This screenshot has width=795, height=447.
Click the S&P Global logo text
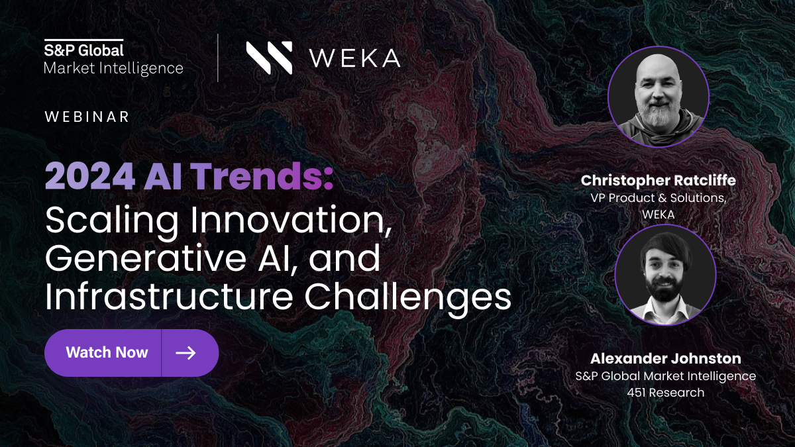[x=83, y=50]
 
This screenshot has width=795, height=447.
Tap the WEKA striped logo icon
[x=270, y=58]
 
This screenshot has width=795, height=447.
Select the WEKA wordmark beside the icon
[x=355, y=58]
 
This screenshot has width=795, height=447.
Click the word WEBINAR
[x=87, y=117]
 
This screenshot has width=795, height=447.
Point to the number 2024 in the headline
[x=90, y=176]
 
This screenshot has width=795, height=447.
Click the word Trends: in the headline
[x=264, y=176]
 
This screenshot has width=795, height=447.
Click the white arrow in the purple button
[x=185, y=353]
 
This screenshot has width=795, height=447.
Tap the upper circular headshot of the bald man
[x=659, y=97]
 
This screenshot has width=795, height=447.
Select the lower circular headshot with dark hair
[x=665, y=275]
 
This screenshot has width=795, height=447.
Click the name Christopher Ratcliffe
[x=659, y=181]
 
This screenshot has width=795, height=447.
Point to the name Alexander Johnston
[x=666, y=358]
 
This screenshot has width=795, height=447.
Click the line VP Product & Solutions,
[x=659, y=198]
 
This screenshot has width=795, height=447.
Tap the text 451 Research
[x=666, y=393]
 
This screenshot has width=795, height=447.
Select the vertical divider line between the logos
[x=218, y=58]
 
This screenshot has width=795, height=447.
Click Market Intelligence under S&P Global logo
[x=113, y=68]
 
